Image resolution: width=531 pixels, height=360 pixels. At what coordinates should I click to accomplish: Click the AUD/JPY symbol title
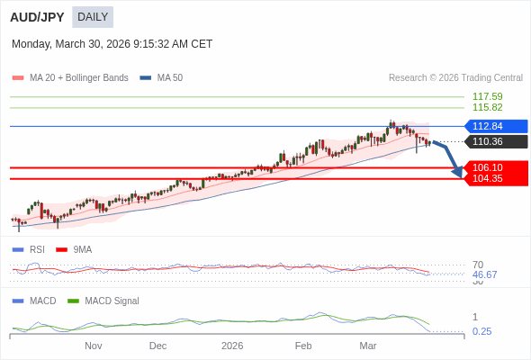tap(36, 17)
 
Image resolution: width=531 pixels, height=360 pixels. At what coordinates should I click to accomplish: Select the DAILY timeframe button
tap(93, 17)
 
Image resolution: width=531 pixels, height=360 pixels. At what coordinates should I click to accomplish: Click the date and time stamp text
tap(112, 44)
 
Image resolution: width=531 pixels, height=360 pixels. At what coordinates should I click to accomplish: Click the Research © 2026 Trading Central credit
tap(455, 78)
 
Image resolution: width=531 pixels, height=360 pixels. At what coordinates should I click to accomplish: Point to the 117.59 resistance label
tap(487, 96)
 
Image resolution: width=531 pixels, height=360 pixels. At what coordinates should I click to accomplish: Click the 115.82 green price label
tap(487, 107)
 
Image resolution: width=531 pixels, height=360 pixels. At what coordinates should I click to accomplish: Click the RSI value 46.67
tap(484, 274)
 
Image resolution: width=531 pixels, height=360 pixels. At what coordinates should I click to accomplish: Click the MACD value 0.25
tap(481, 331)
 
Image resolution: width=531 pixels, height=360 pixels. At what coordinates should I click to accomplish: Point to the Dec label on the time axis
tap(158, 346)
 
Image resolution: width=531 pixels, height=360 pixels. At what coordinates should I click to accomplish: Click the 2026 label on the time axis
tap(232, 346)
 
